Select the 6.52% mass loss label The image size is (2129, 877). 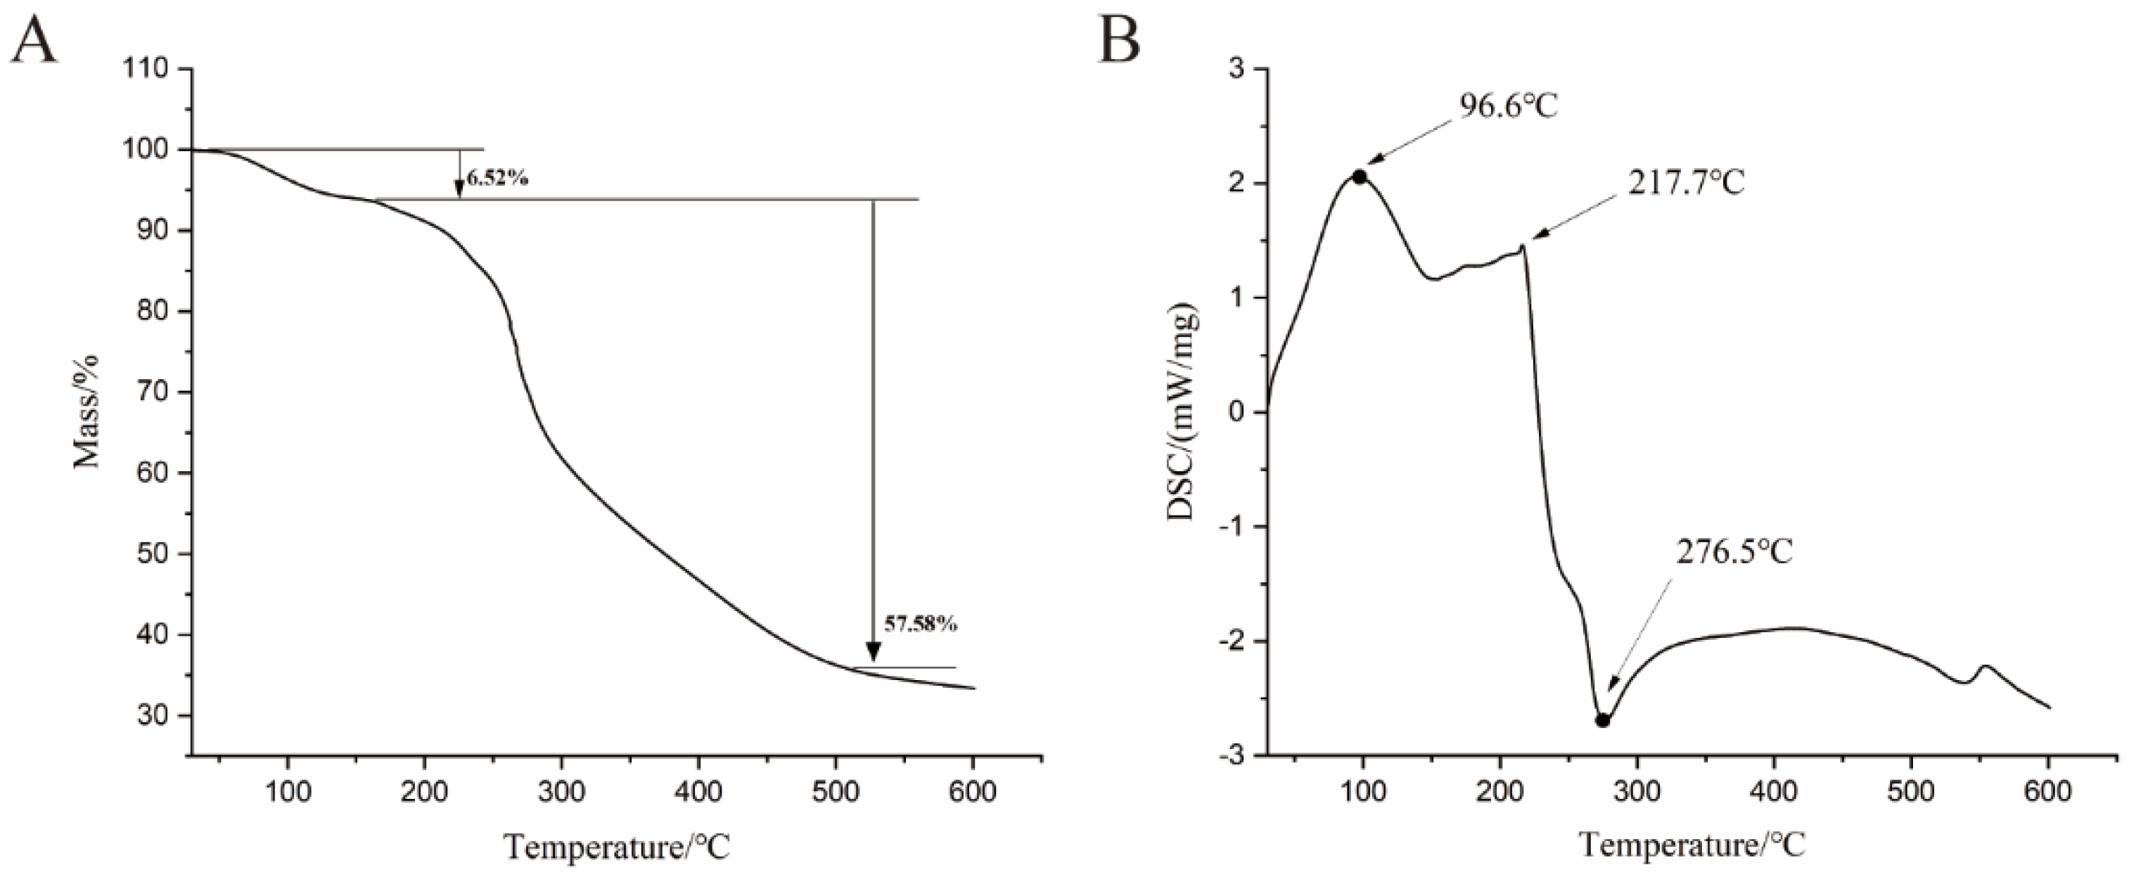pyautogui.click(x=497, y=178)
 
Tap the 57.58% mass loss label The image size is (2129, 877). pyautogui.click(x=921, y=624)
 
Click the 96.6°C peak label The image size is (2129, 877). pyautogui.click(x=1507, y=108)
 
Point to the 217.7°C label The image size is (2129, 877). pyautogui.click(x=1686, y=184)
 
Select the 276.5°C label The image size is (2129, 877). pyautogui.click(x=1734, y=552)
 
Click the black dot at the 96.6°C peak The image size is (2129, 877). pyautogui.click(x=1360, y=177)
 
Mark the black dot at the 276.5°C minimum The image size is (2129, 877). pyautogui.click(x=1601, y=720)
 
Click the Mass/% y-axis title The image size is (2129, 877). pyautogui.click(x=87, y=411)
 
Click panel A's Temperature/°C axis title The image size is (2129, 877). pyautogui.click(x=618, y=847)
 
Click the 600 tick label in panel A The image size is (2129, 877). pyautogui.click(x=972, y=791)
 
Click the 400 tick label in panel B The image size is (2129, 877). pyautogui.click(x=1774, y=791)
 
